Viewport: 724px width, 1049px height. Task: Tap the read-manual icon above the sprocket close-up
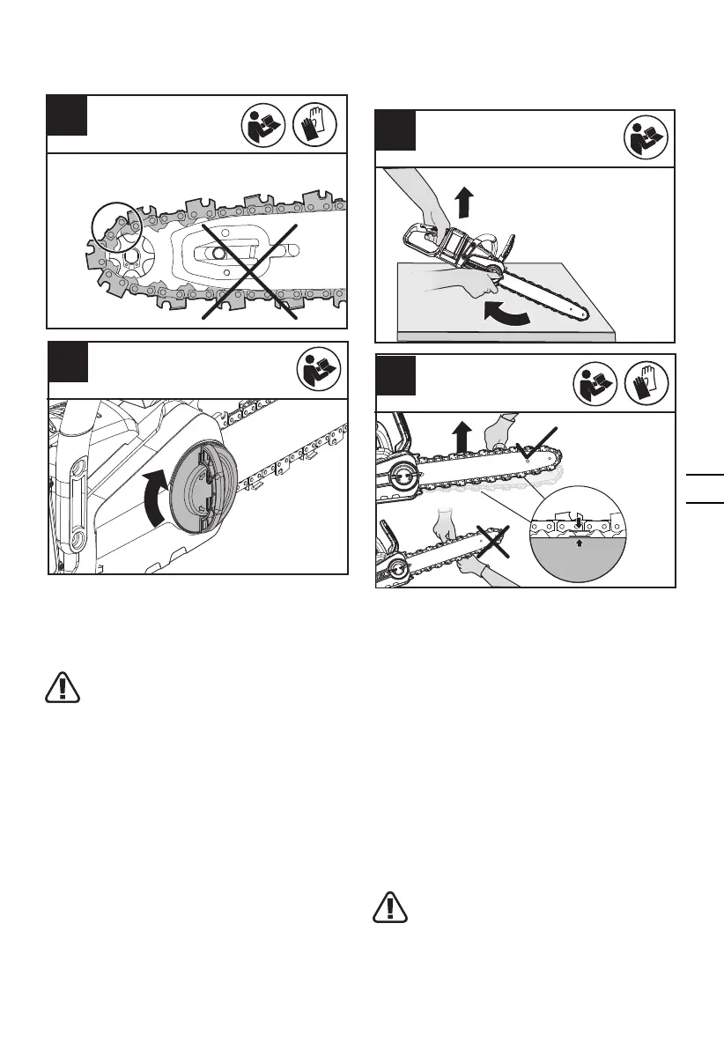pos(263,124)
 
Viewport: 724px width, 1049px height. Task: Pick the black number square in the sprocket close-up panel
pos(67,115)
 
